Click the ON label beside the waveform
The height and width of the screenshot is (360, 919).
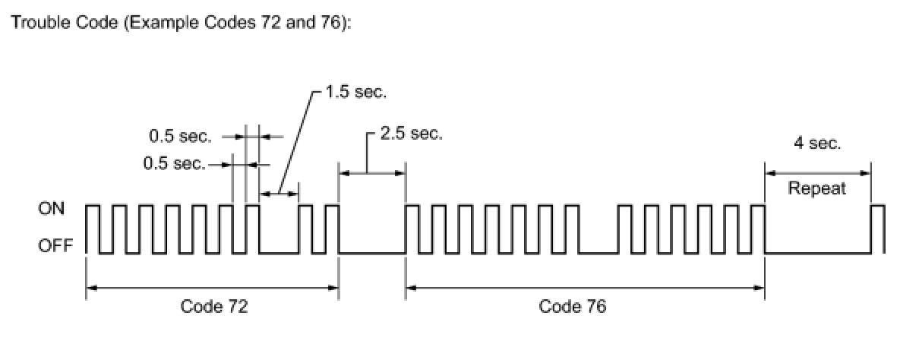[x=52, y=208]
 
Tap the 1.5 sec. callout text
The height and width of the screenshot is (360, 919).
[x=355, y=93]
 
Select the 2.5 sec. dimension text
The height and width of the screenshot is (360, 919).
[x=411, y=134]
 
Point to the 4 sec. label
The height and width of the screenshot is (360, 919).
[x=817, y=144]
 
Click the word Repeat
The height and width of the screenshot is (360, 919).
[x=816, y=188]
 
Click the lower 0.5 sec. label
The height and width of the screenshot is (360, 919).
[x=175, y=163]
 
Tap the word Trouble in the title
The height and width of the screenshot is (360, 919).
[x=34, y=24]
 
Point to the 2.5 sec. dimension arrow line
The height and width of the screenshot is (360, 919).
[x=371, y=173]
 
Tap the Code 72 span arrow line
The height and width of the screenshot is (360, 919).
[x=212, y=287]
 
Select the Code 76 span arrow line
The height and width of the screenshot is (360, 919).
[x=585, y=287]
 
